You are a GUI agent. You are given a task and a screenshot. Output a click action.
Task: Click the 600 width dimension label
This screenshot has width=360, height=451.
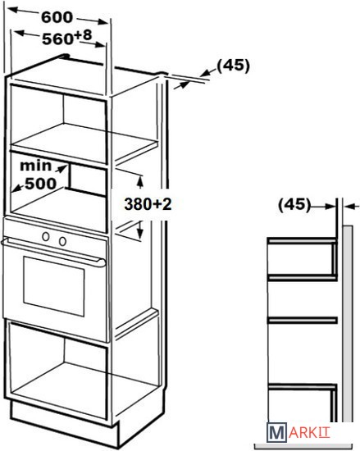pos(57,17)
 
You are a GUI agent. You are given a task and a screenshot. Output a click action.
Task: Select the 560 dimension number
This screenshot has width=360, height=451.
pos(57,39)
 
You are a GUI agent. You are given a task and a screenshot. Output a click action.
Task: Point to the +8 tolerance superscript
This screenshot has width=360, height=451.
pos(83,35)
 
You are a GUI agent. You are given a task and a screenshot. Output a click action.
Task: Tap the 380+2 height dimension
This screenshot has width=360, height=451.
pos(148,204)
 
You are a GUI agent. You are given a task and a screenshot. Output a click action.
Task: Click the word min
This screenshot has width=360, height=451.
pos(35,166)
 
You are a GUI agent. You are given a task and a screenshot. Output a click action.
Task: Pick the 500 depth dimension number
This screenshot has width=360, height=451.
pos(40,184)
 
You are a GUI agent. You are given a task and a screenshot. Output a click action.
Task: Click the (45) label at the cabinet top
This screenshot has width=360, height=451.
pos(233,66)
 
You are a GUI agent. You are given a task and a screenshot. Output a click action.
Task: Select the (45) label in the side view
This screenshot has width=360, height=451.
pos(294,205)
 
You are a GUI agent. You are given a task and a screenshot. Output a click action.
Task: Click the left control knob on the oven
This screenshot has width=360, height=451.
pos(46,236)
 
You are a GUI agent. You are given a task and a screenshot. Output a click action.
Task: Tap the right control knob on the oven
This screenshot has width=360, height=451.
pos(62,241)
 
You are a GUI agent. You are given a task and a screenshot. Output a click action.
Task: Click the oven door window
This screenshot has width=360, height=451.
pos(54,286)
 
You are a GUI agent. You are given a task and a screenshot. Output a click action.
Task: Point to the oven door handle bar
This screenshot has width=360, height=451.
pos(53,253)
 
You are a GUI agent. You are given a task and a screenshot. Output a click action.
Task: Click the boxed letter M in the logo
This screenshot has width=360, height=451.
pos(276,433)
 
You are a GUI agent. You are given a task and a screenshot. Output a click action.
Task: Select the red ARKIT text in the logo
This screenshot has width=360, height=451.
pos(309,433)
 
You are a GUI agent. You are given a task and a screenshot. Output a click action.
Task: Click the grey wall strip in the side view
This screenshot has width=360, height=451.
pos(348,324)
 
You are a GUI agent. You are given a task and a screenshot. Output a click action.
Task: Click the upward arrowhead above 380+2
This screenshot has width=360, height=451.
pos(140,181)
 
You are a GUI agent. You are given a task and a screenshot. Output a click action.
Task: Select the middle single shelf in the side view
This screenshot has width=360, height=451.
pos(302,320)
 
